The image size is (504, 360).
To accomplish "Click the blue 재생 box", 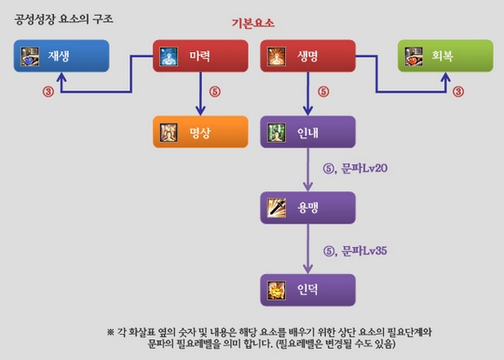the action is (62, 56).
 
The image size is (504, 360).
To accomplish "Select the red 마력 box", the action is (201, 56).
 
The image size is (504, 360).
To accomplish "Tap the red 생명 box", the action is (308, 56).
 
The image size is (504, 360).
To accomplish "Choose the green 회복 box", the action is (446, 56).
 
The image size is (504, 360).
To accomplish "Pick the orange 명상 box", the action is (201, 132).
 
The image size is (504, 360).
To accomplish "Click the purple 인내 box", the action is (308, 132).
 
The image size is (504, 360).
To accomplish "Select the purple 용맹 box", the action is (308, 208).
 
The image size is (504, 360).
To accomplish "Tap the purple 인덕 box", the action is (308, 290).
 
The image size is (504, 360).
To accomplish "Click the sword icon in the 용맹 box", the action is (276, 208).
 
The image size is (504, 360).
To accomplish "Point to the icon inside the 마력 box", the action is (169, 57).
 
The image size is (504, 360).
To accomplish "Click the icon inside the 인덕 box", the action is (276, 290).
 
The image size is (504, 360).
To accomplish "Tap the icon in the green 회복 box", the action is (414, 57).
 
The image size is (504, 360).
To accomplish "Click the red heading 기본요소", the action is (253, 23).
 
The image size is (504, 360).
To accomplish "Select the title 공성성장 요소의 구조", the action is (63, 19).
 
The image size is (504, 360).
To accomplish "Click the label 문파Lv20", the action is (364, 168).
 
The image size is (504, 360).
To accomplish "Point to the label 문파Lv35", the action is (364, 251).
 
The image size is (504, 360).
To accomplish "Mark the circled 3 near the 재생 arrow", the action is (48, 91).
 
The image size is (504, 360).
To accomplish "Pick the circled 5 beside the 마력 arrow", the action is (215, 91).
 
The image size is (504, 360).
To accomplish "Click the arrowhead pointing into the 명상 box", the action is (201, 110).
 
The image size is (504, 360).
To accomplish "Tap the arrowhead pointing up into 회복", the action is (446, 78).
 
